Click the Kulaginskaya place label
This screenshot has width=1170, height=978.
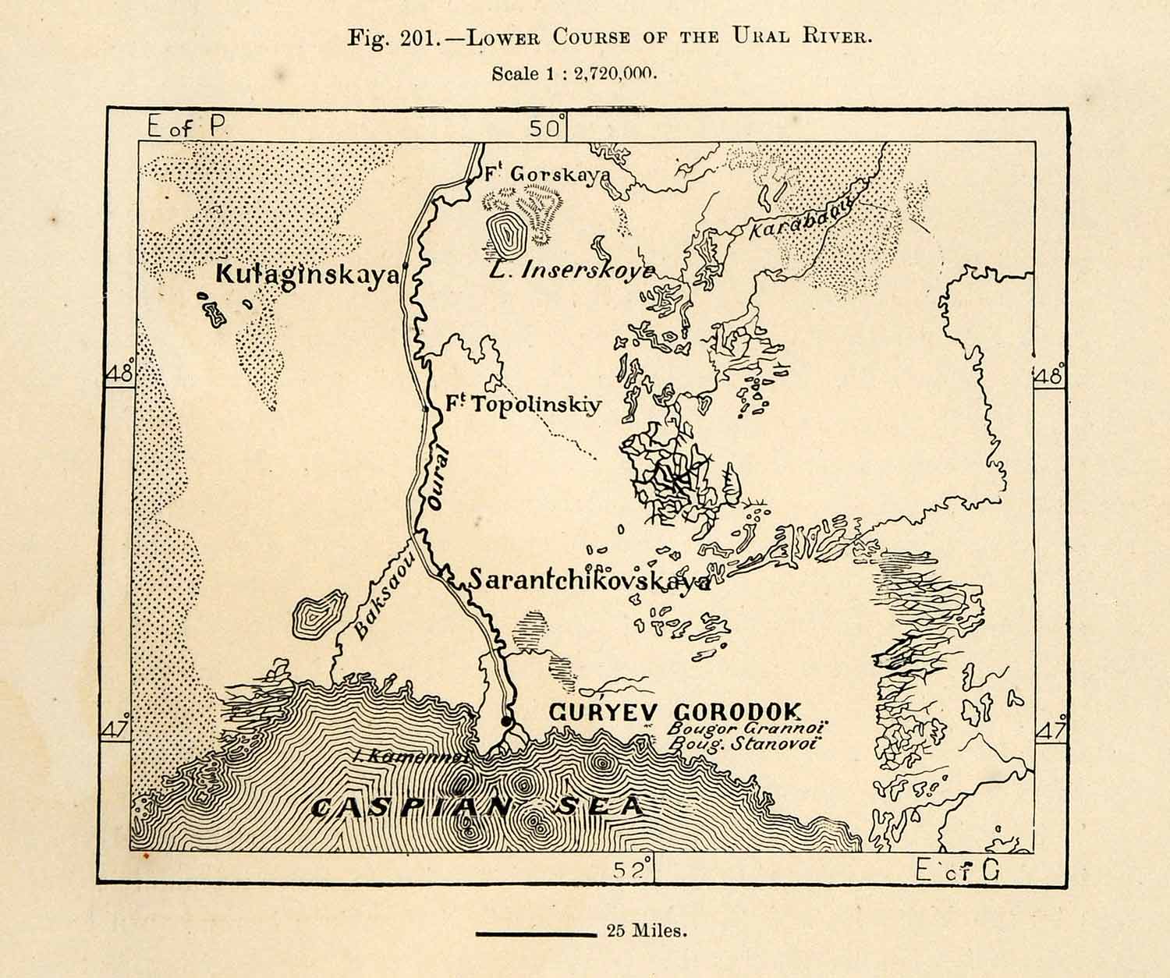pos(307,275)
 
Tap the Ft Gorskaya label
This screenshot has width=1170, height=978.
pos(546,175)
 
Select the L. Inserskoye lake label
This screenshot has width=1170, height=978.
pos(571,270)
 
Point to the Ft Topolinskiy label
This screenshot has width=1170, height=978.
pos(523,405)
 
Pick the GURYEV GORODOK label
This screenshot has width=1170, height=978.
pos(675,711)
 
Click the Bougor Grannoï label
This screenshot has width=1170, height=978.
pos(748,728)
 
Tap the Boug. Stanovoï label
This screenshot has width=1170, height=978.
pos(743,743)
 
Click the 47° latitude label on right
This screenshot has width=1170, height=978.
pos(1050,732)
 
